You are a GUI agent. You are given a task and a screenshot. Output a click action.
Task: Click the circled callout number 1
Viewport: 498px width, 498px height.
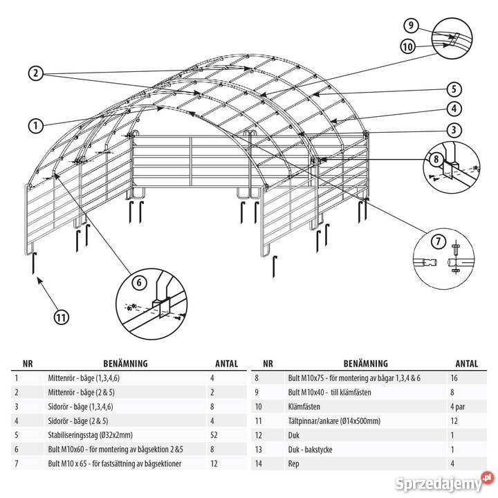[35, 126]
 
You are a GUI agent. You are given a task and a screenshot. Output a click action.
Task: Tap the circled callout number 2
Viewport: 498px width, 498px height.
[35, 73]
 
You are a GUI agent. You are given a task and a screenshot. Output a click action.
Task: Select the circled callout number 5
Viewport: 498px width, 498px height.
[454, 89]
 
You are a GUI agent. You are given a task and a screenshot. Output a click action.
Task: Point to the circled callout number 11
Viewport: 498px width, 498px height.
[61, 317]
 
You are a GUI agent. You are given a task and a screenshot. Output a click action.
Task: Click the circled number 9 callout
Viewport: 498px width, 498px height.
[411, 26]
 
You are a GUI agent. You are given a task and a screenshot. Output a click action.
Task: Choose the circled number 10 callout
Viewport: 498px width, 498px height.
[408, 47]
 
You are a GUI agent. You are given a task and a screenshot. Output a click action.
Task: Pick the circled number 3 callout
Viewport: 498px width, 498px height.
[454, 129]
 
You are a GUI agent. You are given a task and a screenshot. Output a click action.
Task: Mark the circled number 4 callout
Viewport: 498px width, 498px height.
[454, 109]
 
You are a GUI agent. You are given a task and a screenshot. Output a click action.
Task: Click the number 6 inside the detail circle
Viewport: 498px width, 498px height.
[139, 282]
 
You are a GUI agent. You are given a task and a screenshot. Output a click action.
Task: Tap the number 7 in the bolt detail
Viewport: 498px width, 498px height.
[439, 241]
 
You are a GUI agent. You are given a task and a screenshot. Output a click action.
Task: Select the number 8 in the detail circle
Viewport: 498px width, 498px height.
[436, 159]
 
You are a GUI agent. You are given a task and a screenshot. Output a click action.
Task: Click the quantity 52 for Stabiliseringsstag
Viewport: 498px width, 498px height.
[214, 435]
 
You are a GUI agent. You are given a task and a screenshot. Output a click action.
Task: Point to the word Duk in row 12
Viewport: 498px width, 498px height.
[294, 435]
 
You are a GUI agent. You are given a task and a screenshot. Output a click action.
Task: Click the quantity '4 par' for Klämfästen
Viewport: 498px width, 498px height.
[457, 407]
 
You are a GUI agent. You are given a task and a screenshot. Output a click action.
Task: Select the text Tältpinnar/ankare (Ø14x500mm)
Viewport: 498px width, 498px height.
[334, 421]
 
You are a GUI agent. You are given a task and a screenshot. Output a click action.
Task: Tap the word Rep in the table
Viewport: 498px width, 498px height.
[293, 463]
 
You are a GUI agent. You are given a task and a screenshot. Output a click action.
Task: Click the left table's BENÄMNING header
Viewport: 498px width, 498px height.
[125, 363]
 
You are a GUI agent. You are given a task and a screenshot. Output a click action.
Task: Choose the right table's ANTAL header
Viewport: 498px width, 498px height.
[467, 363]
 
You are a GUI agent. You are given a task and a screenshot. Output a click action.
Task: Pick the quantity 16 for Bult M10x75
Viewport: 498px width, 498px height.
[454, 378]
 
